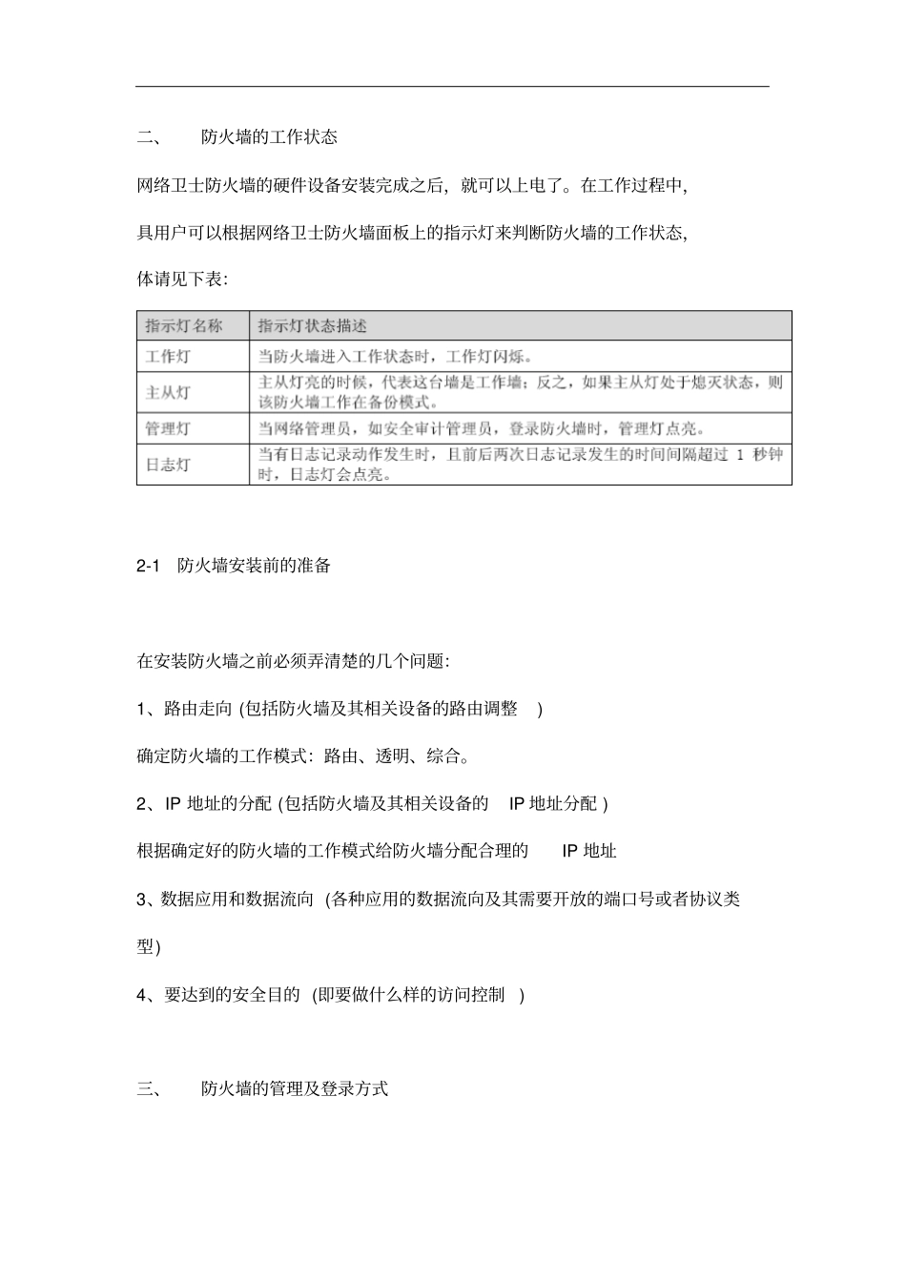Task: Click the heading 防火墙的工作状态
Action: [x=269, y=136]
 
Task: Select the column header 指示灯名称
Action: [x=183, y=326]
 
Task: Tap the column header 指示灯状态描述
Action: [x=313, y=326]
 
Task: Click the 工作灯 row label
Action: [x=168, y=357]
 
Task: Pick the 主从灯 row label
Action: [x=168, y=392]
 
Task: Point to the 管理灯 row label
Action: [x=168, y=428]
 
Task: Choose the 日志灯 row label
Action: [x=168, y=465]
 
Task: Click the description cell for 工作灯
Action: [x=396, y=357]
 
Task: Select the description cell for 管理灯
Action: [x=482, y=428]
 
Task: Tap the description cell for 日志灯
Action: [x=520, y=465]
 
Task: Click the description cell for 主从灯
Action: [x=520, y=392]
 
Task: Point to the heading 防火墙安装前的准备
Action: [x=254, y=566]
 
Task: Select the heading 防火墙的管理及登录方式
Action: [x=295, y=1088]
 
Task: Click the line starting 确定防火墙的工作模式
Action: [x=303, y=756]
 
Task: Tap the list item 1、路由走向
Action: [x=340, y=709]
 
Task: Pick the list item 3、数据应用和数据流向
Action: [x=438, y=900]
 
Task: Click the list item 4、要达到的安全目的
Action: [x=330, y=995]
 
